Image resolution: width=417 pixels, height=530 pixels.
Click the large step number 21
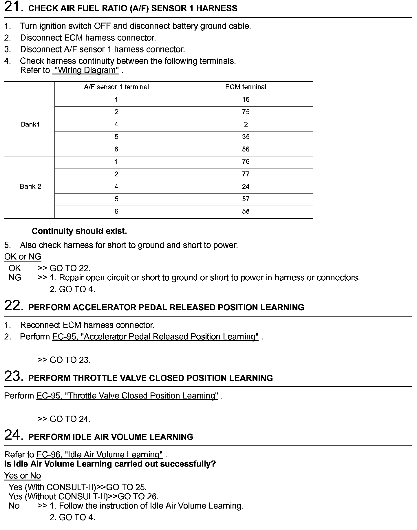click(x=13, y=7)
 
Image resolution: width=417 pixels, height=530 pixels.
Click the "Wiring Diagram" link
click(x=86, y=70)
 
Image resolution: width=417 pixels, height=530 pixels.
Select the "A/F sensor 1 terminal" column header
click(x=116, y=87)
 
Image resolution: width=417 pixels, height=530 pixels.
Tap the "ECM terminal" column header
click(x=246, y=87)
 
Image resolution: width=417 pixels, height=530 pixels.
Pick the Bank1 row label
click(x=30, y=125)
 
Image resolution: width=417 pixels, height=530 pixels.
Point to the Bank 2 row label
click(x=30, y=187)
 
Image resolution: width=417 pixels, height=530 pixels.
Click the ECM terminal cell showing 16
click(x=246, y=100)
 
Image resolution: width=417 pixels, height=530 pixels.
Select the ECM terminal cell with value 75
click(x=246, y=112)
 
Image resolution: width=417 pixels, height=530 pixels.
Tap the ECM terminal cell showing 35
click(x=246, y=137)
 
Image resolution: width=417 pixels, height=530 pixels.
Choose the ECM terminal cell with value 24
click(x=246, y=187)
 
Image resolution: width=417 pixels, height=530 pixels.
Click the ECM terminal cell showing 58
click(x=246, y=212)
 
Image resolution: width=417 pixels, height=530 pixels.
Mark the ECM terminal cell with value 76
click(x=246, y=162)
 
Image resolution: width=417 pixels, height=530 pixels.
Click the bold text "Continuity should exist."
click(x=79, y=231)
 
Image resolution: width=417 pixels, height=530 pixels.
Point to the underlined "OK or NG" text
click(x=23, y=257)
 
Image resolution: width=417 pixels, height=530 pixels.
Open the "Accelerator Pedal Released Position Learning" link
click(x=155, y=337)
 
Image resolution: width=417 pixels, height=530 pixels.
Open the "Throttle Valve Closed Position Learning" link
click(x=127, y=396)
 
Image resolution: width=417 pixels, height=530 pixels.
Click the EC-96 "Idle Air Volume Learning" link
click(x=99, y=455)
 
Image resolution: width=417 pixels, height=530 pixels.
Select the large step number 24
click(x=13, y=435)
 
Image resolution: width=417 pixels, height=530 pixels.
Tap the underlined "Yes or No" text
click(x=23, y=476)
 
